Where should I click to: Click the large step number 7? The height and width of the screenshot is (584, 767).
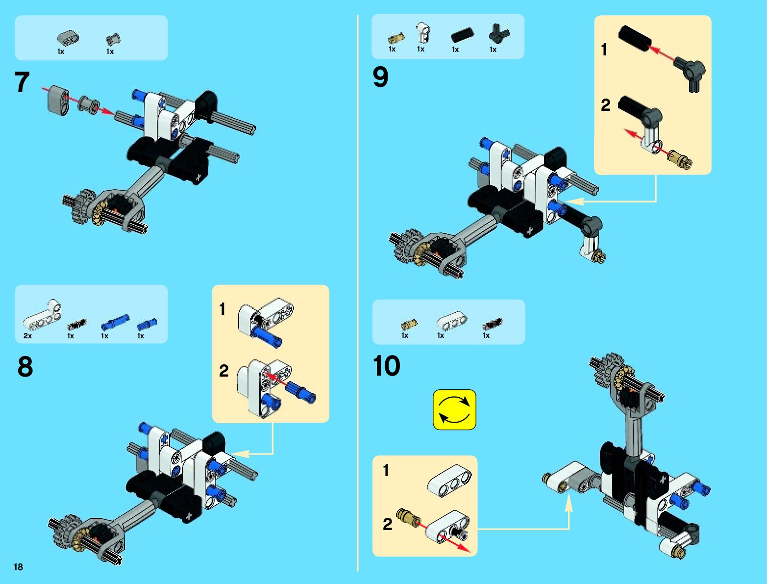click(22, 82)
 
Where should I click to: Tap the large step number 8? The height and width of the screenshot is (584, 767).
click(25, 366)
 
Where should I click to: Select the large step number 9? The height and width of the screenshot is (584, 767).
click(380, 77)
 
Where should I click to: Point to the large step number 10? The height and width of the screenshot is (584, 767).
click(387, 366)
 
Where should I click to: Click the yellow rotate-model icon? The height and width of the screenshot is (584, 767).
click(454, 409)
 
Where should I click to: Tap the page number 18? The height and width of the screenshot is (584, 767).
click(18, 567)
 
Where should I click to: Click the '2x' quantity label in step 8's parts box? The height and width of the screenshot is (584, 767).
click(27, 336)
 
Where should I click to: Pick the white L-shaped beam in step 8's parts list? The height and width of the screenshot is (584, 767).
click(43, 317)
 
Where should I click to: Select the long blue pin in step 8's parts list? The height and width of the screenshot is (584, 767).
click(115, 322)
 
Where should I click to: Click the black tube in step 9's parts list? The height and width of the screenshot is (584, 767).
click(462, 35)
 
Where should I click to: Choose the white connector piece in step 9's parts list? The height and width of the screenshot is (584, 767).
click(422, 33)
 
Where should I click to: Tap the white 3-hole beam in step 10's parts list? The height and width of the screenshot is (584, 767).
click(451, 321)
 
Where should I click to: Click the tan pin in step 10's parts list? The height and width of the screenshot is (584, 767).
click(409, 324)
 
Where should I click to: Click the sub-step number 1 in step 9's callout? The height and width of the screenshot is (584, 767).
click(604, 50)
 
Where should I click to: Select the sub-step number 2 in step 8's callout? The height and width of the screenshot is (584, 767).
click(223, 370)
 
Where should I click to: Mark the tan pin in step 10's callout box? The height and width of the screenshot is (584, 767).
click(408, 516)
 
